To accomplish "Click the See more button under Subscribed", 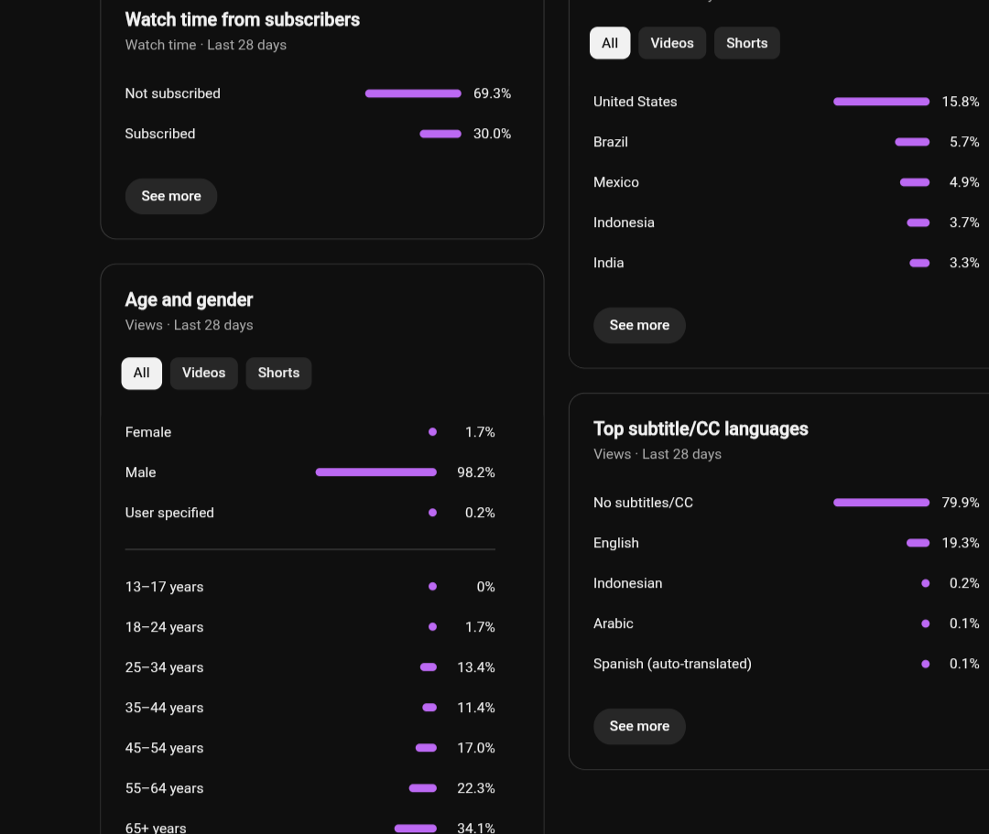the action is tap(171, 196).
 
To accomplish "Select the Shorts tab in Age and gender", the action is tap(278, 374).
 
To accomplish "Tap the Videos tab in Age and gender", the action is tap(203, 374).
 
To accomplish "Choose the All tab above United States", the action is tap(610, 43).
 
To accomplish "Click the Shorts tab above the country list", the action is tap(747, 43).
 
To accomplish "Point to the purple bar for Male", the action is tap(376, 472).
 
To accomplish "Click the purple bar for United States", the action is tap(881, 102).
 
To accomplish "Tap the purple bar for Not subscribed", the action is tap(413, 93).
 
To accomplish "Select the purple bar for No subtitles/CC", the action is tap(881, 503).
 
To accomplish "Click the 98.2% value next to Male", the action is tap(475, 472).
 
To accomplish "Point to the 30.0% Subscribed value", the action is tap(492, 134).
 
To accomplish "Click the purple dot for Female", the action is tap(432, 432).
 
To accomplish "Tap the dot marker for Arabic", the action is tap(925, 623).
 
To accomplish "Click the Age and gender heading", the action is tap(189, 299).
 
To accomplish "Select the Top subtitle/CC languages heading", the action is tap(701, 428).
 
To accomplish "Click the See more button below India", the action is tap(639, 325).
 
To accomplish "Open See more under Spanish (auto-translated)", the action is tap(639, 726).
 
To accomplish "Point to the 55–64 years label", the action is tap(164, 788).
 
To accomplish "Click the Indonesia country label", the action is tap(624, 222).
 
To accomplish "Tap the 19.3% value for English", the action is tap(960, 543).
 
